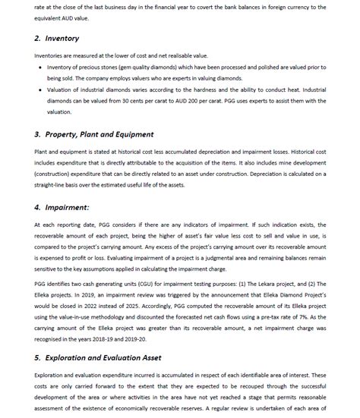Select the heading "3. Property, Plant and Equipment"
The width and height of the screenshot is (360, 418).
point(93,134)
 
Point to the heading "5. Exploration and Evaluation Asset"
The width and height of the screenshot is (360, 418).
point(99,357)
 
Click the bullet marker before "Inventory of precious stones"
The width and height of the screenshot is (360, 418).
point(39,67)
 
